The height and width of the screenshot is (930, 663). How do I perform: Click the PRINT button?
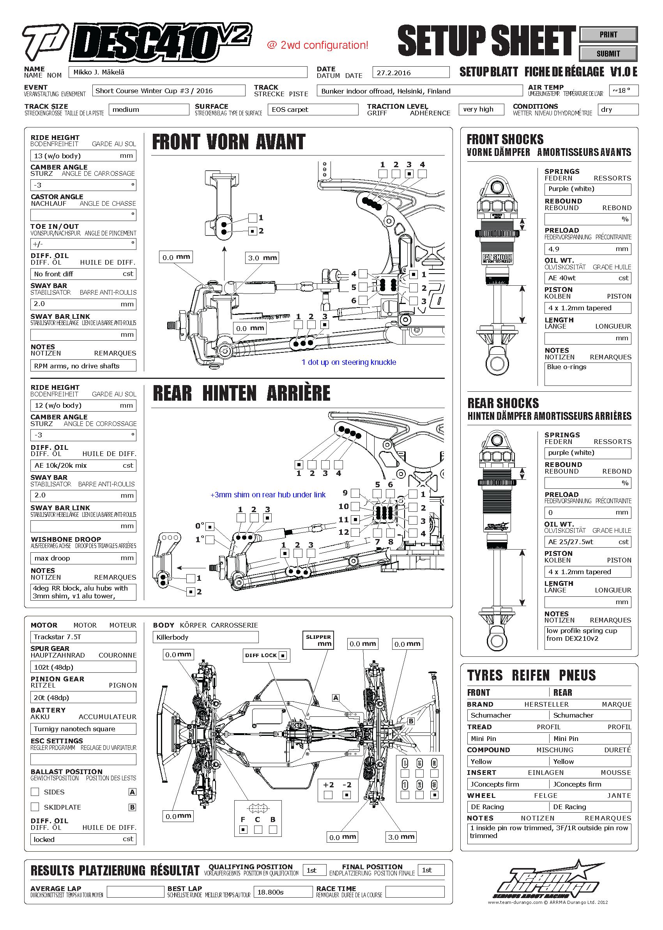point(608,35)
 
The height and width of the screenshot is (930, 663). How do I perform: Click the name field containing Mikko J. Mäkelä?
point(188,72)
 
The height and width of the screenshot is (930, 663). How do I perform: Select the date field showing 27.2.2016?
point(410,72)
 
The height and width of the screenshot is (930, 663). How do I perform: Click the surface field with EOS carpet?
point(313,110)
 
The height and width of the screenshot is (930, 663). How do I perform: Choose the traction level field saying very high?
point(481,110)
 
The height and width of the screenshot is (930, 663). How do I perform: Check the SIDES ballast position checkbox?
point(35,792)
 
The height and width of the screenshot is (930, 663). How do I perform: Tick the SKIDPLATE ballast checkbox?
point(35,807)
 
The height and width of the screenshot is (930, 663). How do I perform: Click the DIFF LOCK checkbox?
point(283,655)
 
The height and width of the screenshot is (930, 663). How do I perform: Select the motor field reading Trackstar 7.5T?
point(83,637)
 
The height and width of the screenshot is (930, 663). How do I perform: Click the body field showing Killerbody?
point(205,637)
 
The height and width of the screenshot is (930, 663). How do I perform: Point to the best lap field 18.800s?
point(283,892)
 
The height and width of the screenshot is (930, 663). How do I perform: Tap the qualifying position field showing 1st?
point(314,870)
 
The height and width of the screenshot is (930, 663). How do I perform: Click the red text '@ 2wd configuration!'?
point(318,45)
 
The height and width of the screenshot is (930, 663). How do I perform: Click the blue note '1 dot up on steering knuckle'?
point(348,362)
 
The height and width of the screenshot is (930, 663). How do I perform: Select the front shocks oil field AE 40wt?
point(587,278)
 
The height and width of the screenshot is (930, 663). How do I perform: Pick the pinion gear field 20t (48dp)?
point(83,698)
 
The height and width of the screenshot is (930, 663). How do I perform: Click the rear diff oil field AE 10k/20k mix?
point(83,465)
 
